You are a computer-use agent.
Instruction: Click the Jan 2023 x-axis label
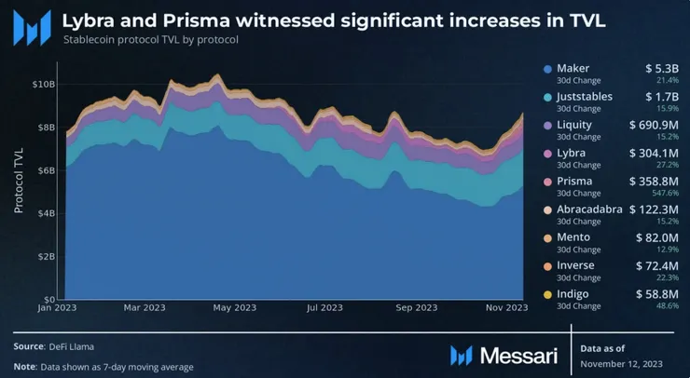[57, 307]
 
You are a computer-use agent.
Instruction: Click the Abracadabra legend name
[589, 209]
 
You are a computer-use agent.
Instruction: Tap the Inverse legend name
[575, 266]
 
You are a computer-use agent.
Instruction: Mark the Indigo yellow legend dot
[547, 294]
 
